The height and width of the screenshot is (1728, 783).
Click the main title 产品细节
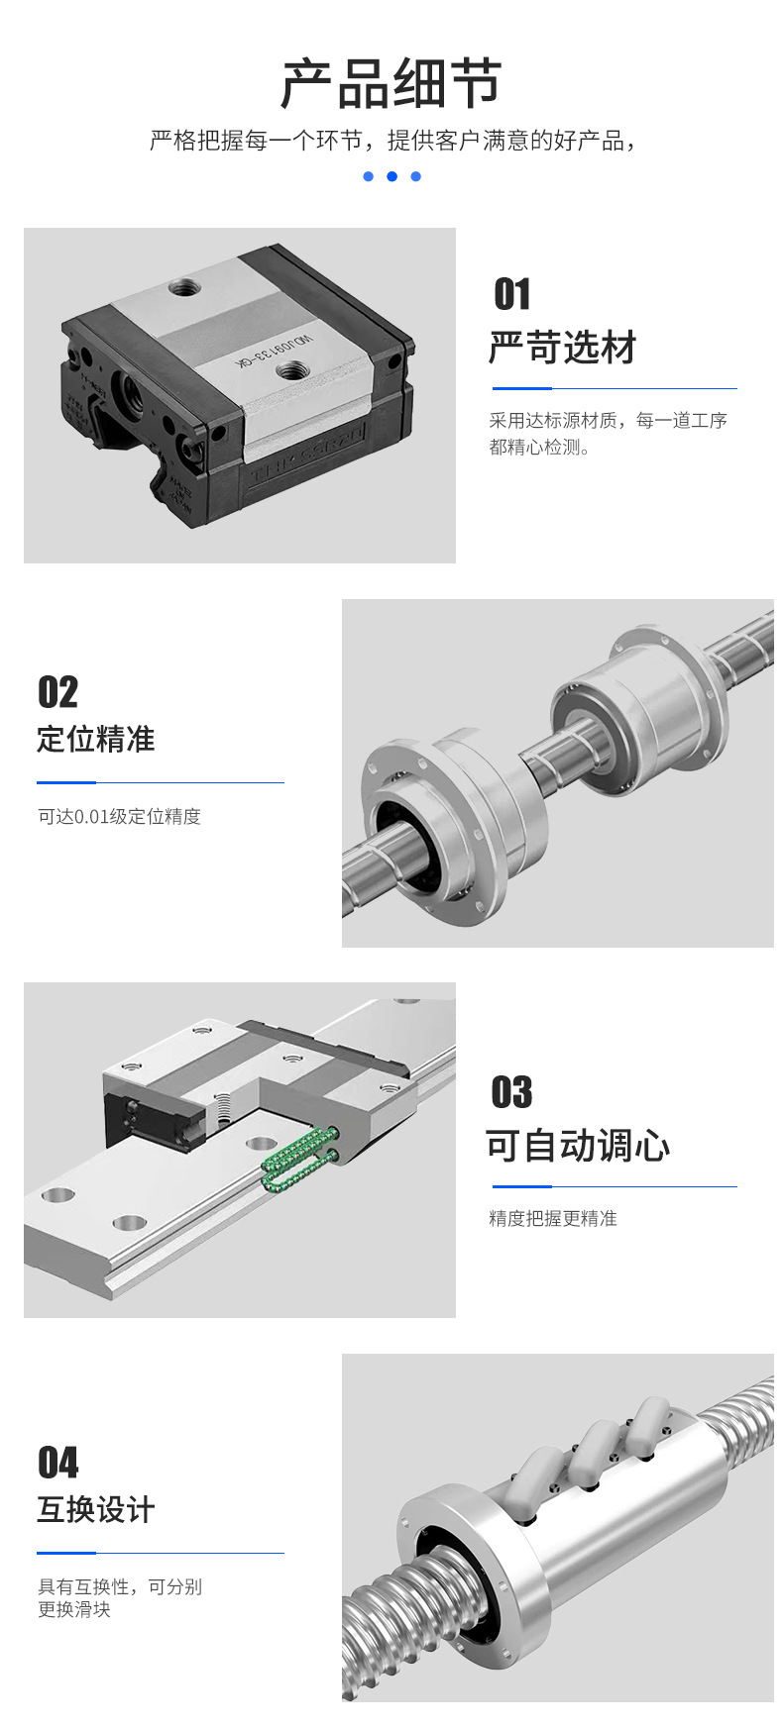(x=391, y=83)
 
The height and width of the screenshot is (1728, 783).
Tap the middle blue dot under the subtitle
(x=391, y=176)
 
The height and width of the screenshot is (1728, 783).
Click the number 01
(x=512, y=294)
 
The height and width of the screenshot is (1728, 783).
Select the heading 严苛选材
(x=562, y=348)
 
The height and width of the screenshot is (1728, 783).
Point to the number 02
(x=57, y=692)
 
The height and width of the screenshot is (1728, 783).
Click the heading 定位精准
(x=96, y=739)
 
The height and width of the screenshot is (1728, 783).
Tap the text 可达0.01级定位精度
(x=119, y=816)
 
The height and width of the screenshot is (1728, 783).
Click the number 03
(x=511, y=1092)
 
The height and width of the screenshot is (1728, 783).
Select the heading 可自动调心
(x=578, y=1146)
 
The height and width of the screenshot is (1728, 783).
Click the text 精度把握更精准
(x=552, y=1218)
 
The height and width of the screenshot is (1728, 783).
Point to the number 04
(x=57, y=1463)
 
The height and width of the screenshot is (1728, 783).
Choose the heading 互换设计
(x=96, y=1509)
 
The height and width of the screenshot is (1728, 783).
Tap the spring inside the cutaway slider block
(x=223, y=1110)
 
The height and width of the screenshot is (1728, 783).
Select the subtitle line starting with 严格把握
(x=391, y=141)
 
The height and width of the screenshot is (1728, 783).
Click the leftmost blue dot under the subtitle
(x=368, y=176)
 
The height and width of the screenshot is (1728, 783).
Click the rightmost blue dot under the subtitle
(x=415, y=176)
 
